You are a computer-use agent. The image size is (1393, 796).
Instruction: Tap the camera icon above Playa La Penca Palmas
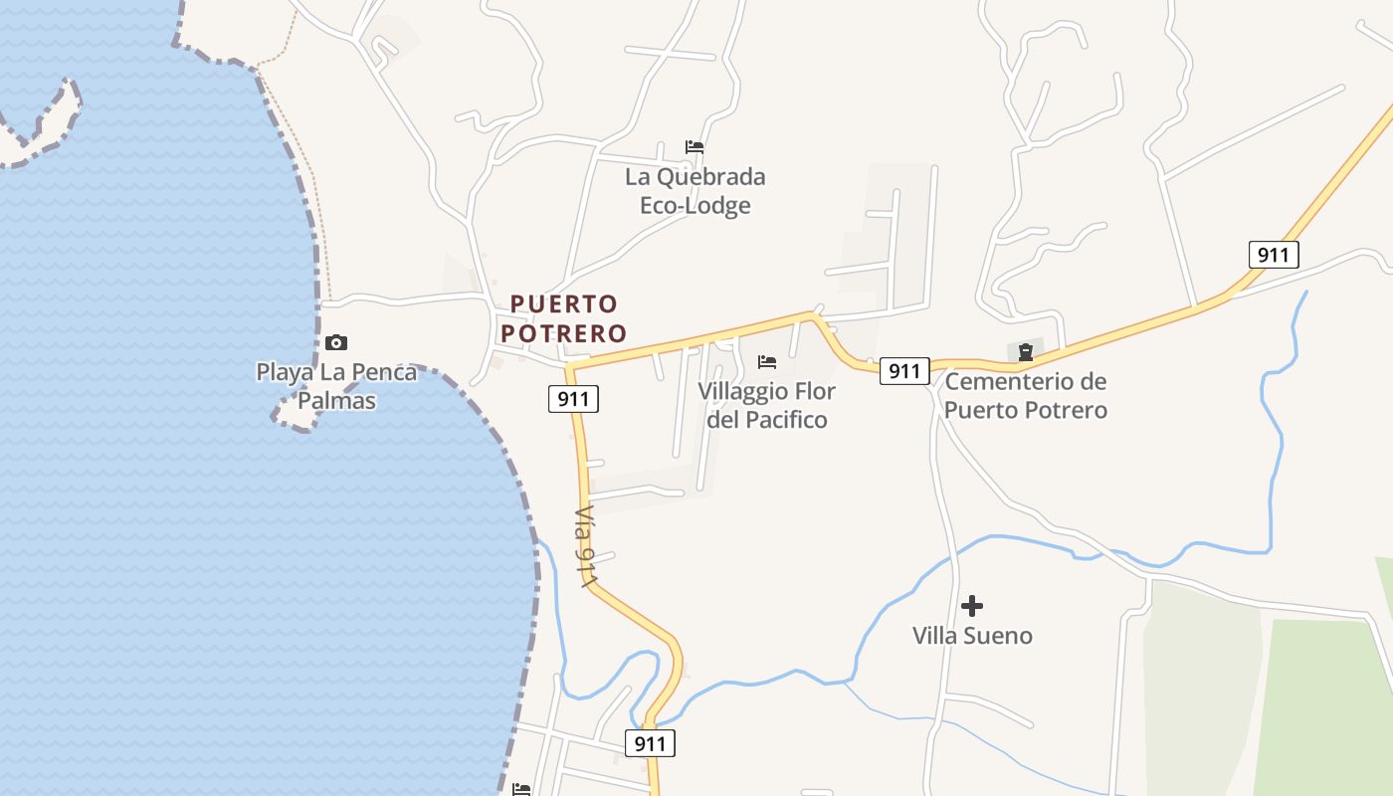pos(336,343)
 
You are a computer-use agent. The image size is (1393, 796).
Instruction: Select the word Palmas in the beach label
pos(336,401)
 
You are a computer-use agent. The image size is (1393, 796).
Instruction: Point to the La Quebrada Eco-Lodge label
pos(695,191)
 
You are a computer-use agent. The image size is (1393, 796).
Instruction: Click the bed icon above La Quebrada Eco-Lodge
pos(695,147)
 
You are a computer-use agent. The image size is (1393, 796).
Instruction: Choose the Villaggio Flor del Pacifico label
pos(766,405)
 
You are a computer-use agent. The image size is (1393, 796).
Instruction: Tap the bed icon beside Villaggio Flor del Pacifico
pos(767,361)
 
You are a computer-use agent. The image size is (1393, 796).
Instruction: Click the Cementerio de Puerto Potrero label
pos(1025,395)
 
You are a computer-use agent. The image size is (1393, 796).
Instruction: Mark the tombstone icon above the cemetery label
pos(1026,351)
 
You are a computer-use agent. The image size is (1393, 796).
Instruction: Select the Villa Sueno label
pos(972,635)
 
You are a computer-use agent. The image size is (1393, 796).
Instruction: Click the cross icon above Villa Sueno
pos(972,605)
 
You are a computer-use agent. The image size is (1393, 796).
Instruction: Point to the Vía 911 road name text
pos(587,546)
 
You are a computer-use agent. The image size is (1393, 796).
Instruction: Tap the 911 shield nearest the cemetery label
pos(904,371)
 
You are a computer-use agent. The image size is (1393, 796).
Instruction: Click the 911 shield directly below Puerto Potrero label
pos(573,399)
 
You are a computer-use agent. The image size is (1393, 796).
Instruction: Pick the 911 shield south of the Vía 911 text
pos(650,742)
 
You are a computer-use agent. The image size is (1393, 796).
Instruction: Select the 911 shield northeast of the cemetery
pos(1274,255)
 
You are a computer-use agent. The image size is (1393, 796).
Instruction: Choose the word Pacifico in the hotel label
pos(780,419)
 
